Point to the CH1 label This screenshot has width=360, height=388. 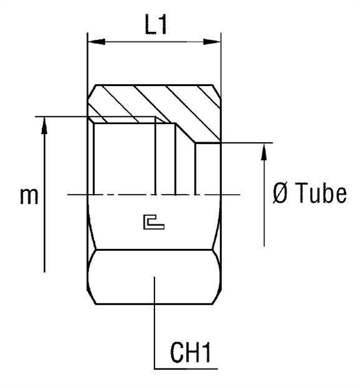(x=192, y=354)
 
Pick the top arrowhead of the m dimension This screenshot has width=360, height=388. (x=44, y=124)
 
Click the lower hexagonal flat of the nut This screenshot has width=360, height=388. (x=154, y=278)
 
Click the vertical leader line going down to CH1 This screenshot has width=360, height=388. (x=154, y=323)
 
